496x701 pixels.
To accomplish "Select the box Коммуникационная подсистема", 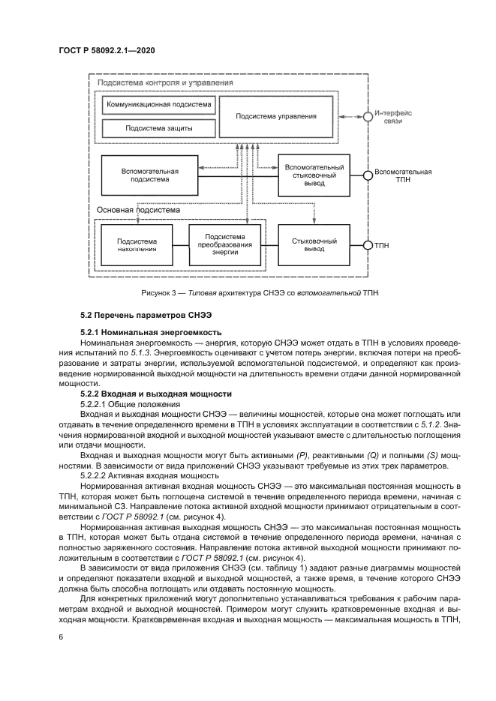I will coord(158,104).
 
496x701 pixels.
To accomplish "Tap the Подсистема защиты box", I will coord(158,128).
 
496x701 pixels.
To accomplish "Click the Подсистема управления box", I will coord(276,116).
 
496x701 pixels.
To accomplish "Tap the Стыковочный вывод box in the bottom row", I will coord(315,244).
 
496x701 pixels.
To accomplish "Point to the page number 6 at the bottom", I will coord(60,637).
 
